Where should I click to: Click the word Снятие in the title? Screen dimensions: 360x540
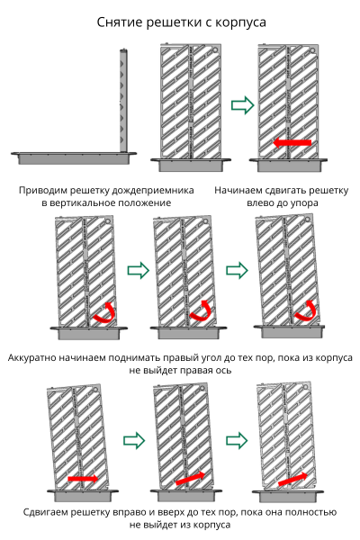[x=119, y=22]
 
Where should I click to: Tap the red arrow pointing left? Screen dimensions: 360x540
[x=292, y=142]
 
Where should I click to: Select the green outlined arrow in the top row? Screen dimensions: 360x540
[x=242, y=105]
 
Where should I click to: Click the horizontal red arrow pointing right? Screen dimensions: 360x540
[x=83, y=479]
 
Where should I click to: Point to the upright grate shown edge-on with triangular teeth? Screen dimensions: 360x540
[x=123, y=101]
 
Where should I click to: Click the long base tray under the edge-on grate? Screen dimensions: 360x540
[x=74, y=157]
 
